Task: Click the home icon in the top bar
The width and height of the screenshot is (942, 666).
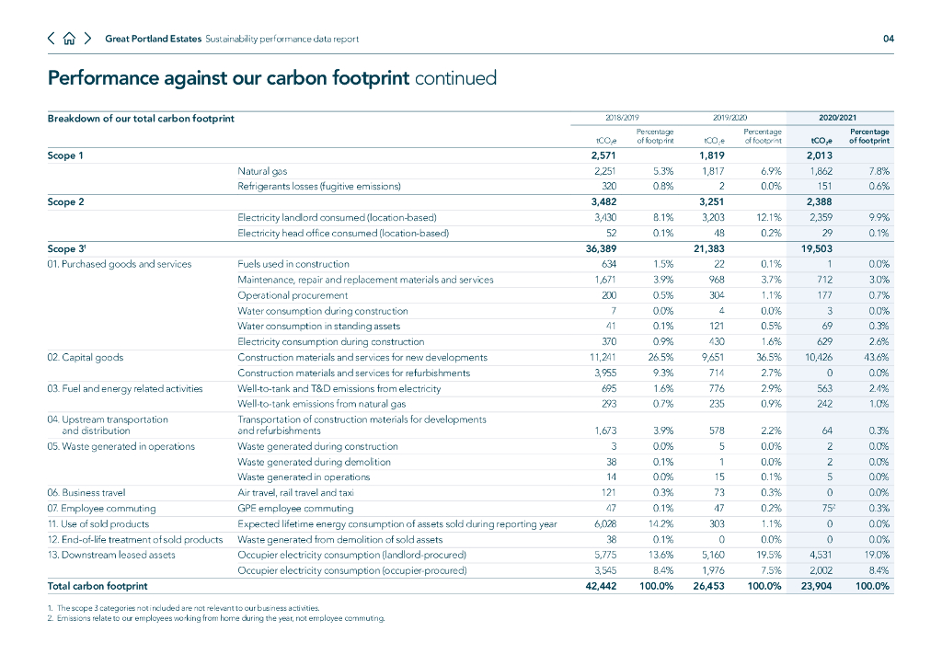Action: (69, 39)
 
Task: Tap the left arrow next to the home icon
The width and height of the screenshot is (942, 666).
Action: (52, 39)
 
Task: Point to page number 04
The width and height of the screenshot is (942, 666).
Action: (888, 39)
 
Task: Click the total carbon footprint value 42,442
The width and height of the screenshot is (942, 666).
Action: (601, 586)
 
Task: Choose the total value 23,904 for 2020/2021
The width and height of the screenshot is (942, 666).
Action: (815, 586)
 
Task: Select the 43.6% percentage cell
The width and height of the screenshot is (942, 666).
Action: (876, 357)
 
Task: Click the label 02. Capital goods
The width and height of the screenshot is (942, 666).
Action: (85, 357)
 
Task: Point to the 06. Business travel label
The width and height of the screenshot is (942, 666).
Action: (86, 492)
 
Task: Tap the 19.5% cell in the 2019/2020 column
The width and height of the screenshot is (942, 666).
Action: (768, 555)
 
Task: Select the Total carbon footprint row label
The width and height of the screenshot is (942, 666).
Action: (98, 586)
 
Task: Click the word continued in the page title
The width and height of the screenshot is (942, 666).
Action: (456, 78)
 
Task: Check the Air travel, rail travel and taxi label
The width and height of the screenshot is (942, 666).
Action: (295, 492)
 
